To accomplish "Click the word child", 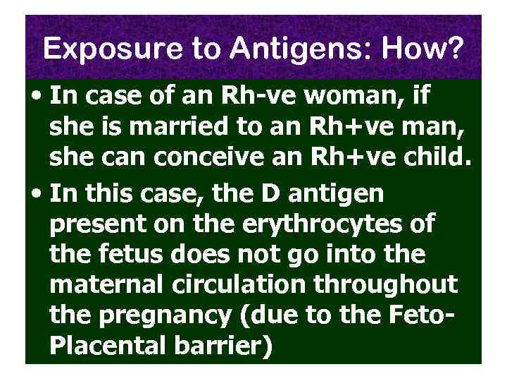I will point(434,162).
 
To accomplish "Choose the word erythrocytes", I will point(322,225).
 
